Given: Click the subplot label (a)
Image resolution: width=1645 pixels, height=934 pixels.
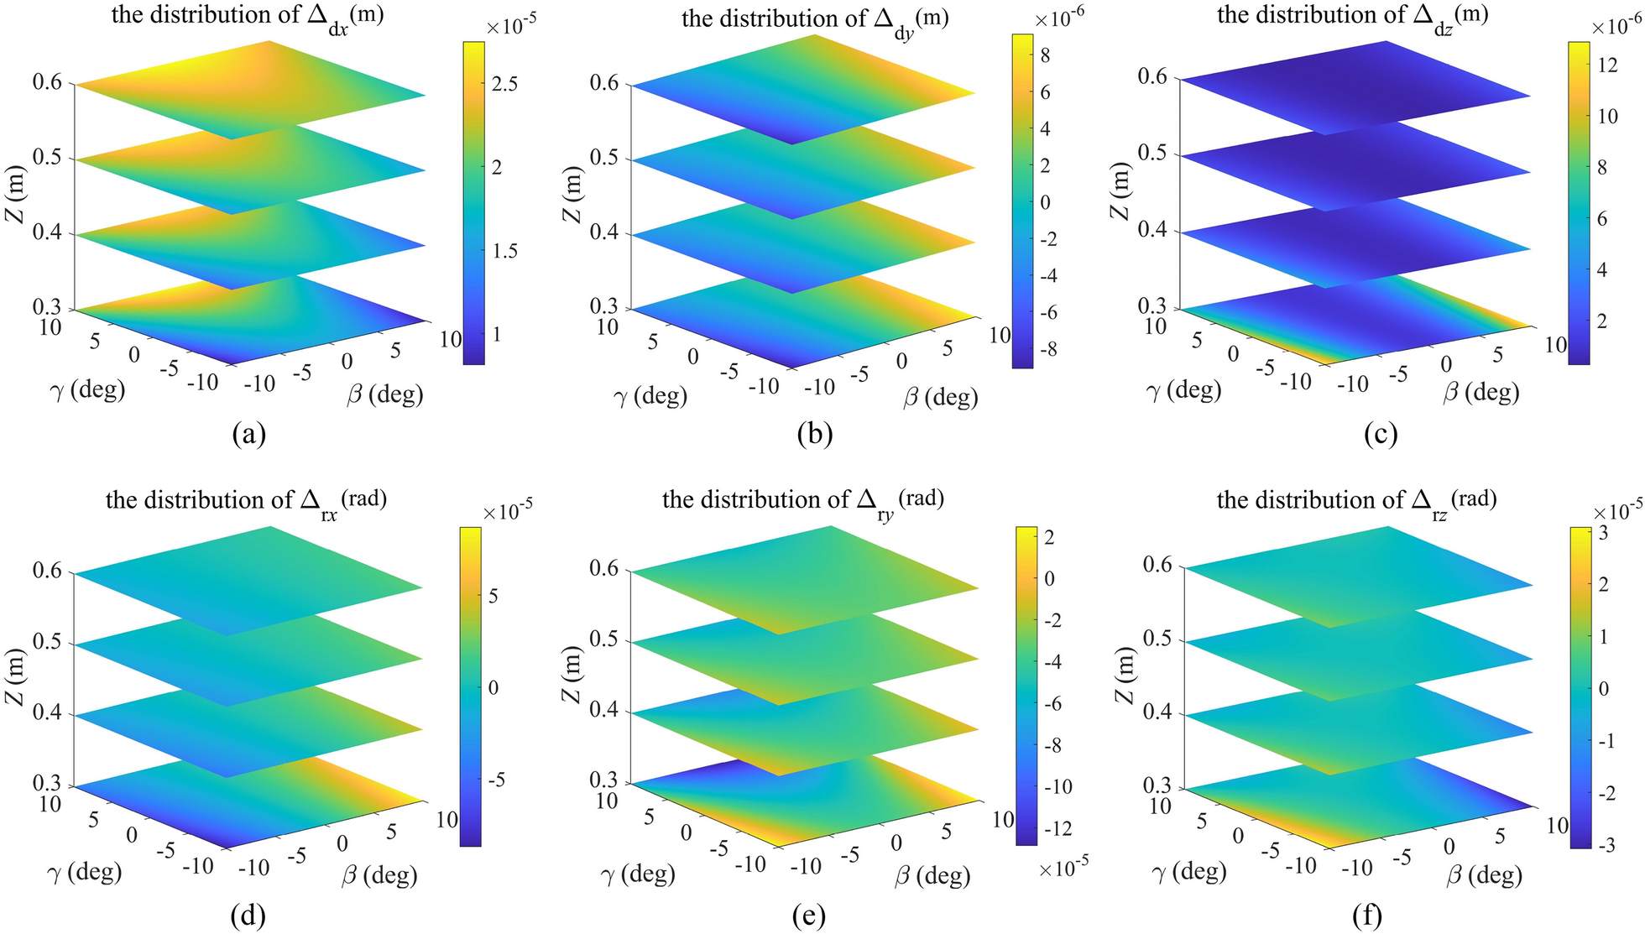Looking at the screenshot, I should [248, 434].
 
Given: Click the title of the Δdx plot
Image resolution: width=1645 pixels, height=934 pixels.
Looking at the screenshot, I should [248, 16].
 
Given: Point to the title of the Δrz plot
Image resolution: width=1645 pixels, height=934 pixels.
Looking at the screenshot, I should [1356, 501].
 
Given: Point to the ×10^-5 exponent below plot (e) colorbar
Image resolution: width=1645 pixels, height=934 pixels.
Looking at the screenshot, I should [1063, 867].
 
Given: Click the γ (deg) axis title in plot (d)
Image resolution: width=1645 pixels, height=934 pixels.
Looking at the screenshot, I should [84, 872].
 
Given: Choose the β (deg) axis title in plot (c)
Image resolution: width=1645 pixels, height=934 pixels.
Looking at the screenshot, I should [1481, 392].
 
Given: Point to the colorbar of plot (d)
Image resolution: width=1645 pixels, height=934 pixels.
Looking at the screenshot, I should [470, 686].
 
